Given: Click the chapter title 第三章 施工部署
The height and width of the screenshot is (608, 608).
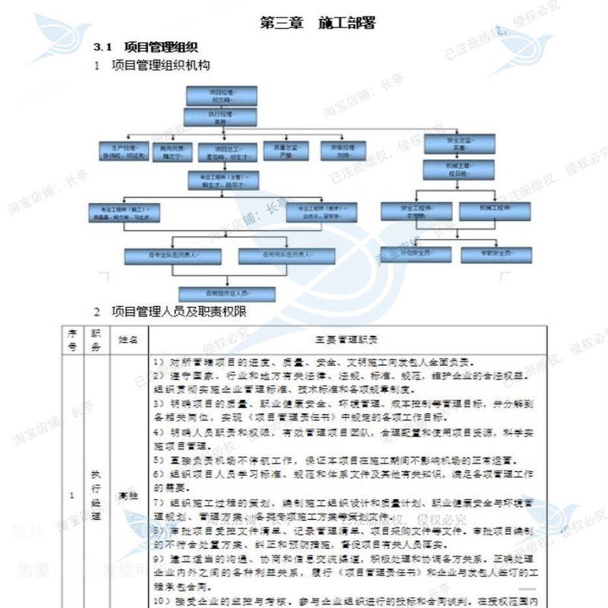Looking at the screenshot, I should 318,23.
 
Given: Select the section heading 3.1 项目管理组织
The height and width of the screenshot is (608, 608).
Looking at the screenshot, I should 145,47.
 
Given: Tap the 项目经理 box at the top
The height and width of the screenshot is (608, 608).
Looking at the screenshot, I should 221,96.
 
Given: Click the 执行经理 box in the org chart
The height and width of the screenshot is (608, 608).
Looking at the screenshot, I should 221,117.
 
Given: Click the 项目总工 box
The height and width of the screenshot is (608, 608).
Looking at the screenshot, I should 223,152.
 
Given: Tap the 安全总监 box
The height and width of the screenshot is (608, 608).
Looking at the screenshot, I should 459,144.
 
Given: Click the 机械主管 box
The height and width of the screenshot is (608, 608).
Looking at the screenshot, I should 459,170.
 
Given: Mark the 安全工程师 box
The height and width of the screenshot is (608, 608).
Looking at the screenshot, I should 416,212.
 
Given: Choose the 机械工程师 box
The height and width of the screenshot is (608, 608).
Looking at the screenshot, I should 495,212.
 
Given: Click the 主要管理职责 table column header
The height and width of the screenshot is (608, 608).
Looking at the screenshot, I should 347,339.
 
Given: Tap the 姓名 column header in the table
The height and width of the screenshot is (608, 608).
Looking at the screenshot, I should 128,339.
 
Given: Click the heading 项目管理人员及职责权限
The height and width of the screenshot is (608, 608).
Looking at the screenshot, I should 179,312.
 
